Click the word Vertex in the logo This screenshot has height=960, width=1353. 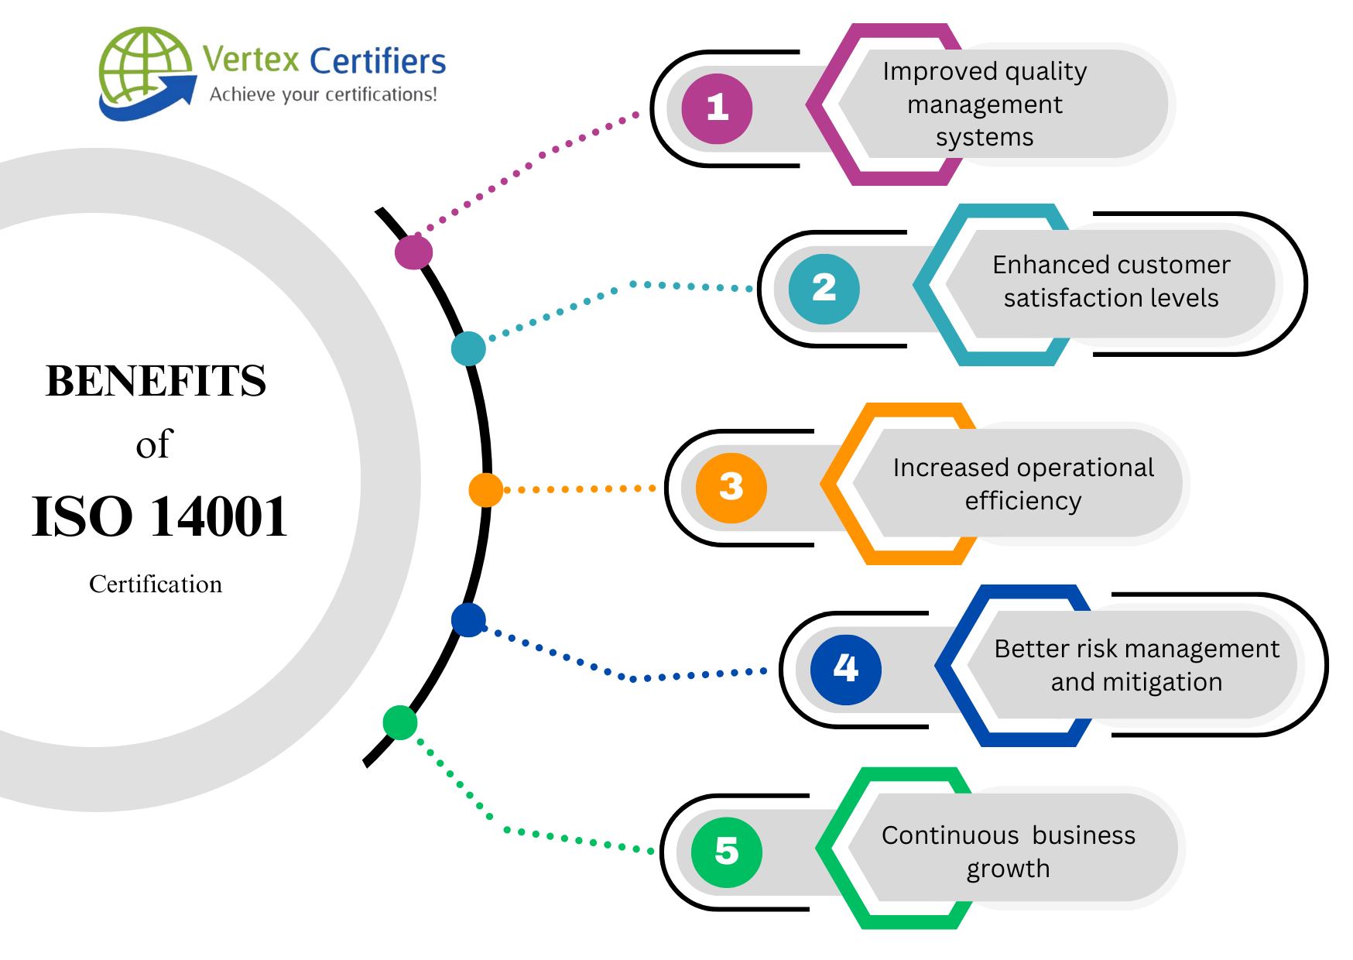pos(251,60)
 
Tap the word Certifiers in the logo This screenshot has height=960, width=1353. pos(378,61)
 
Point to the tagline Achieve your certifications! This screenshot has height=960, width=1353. pos(324,94)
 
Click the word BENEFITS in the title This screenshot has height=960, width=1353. pos(156,381)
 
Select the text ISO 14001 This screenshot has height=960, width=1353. pos(159,516)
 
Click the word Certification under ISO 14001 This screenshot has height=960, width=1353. pos(156,584)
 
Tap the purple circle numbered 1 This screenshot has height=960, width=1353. pos(717,108)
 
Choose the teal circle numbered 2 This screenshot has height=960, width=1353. pos(824,289)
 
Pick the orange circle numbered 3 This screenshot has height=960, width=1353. pos(731,488)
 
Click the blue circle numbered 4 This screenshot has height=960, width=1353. pos(845,669)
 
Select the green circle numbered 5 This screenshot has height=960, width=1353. pos(726,852)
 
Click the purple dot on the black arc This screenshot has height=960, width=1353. pos(413,252)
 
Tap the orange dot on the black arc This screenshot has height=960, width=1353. pos(486,490)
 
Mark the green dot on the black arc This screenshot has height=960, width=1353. pos(400,722)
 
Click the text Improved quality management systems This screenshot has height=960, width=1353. pos(985,104)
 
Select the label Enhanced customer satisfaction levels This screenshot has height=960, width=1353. pos(1111,281)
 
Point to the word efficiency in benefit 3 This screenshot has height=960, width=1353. pos(1022,501)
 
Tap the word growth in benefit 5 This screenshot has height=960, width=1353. pos(1008,869)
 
